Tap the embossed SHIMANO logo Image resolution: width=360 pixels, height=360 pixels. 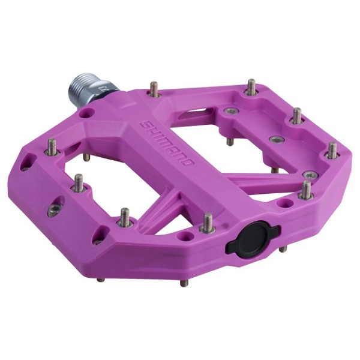point(167,143)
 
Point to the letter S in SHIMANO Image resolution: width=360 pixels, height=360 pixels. point(145,123)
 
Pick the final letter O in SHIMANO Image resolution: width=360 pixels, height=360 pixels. point(189,163)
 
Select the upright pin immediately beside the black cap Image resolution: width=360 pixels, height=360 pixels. point(208,223)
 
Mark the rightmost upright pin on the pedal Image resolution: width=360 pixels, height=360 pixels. point(332,150)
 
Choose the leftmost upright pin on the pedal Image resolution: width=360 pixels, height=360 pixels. point(52,146)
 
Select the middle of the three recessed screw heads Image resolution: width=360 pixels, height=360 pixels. point(275,140)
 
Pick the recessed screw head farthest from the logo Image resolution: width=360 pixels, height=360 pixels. point(310,174)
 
